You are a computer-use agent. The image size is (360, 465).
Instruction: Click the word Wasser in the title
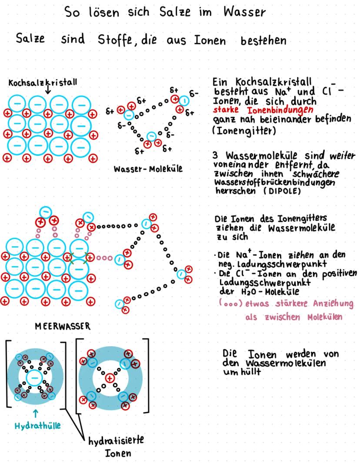pyautogui.click(x=244, y=12)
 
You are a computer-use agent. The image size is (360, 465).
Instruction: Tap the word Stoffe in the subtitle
pyautogui.click(x=115, y=40)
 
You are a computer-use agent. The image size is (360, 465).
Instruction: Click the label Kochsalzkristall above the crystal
pyautogui.click(x=43, y=82)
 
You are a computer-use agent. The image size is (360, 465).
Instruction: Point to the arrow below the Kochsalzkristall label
pyautogui.click(x=48, y=90)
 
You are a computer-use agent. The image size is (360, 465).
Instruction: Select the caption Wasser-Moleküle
pyautogui.click(x=148, y=169)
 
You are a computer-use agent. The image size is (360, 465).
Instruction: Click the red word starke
pyautogui.click(x=226, y=110)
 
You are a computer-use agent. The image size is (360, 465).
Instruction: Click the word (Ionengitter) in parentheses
pyautogui.click(x=244, y=130)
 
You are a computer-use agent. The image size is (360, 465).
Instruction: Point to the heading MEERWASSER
pyautogui.click(x=63, y=326)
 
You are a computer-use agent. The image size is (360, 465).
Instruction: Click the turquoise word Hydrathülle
pyautogui.click(x=38, y=426)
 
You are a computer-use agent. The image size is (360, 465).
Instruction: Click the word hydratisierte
pyautogui.click(x=116, y=441)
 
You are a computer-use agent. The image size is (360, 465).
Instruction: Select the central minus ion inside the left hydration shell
pyautogui.click(x=35, y=378)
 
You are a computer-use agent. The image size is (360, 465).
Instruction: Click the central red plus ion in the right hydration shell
pyautogui.click(x=110, y=378)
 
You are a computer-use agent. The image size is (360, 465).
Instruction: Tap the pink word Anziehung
pyautogui.click(x=333, y=304)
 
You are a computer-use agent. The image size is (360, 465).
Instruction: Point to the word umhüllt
pyautogui.click(x=242, y=371)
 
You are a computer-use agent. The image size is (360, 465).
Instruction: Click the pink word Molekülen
pyautogui.click(x=325, y=317)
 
